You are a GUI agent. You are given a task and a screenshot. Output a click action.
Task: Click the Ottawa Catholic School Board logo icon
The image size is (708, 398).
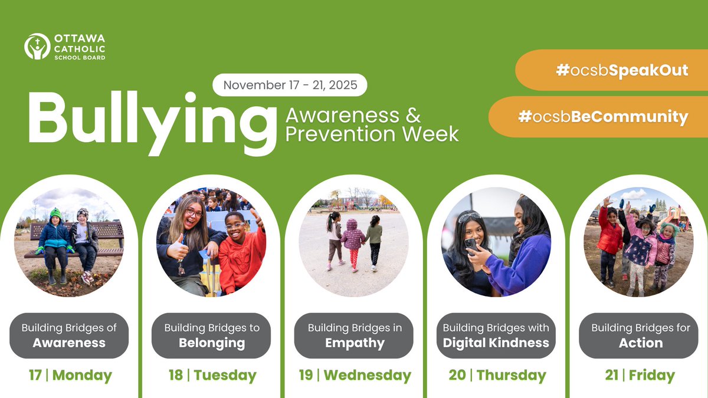(37, 46)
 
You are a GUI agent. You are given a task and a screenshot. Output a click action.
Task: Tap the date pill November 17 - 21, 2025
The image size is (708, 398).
(290, 85)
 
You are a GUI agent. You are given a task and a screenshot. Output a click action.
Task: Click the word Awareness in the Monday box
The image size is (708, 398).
(69, 343)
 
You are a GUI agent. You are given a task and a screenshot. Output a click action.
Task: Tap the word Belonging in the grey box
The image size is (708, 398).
(212, 343)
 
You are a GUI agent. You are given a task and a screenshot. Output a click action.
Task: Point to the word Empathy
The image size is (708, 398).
(354, 343)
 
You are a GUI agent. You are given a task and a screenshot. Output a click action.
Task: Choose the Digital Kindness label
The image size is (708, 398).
(496, 343)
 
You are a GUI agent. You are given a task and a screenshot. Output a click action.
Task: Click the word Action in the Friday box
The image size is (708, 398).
(641, 343)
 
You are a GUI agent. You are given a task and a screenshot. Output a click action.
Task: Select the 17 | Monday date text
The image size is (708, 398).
(70, 376)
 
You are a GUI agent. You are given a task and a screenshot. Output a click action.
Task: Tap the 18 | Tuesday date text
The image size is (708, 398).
(212, 376)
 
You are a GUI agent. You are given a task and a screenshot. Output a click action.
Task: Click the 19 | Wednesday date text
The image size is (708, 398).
(355, 376)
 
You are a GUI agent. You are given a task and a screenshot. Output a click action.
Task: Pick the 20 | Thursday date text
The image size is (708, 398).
(497, 376)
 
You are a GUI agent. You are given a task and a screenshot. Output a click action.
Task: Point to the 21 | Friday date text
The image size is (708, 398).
(640, 376)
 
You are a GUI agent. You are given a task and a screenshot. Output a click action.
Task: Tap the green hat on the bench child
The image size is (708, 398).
(55, 213)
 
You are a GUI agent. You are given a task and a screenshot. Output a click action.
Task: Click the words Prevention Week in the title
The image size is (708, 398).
(372, 134)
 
